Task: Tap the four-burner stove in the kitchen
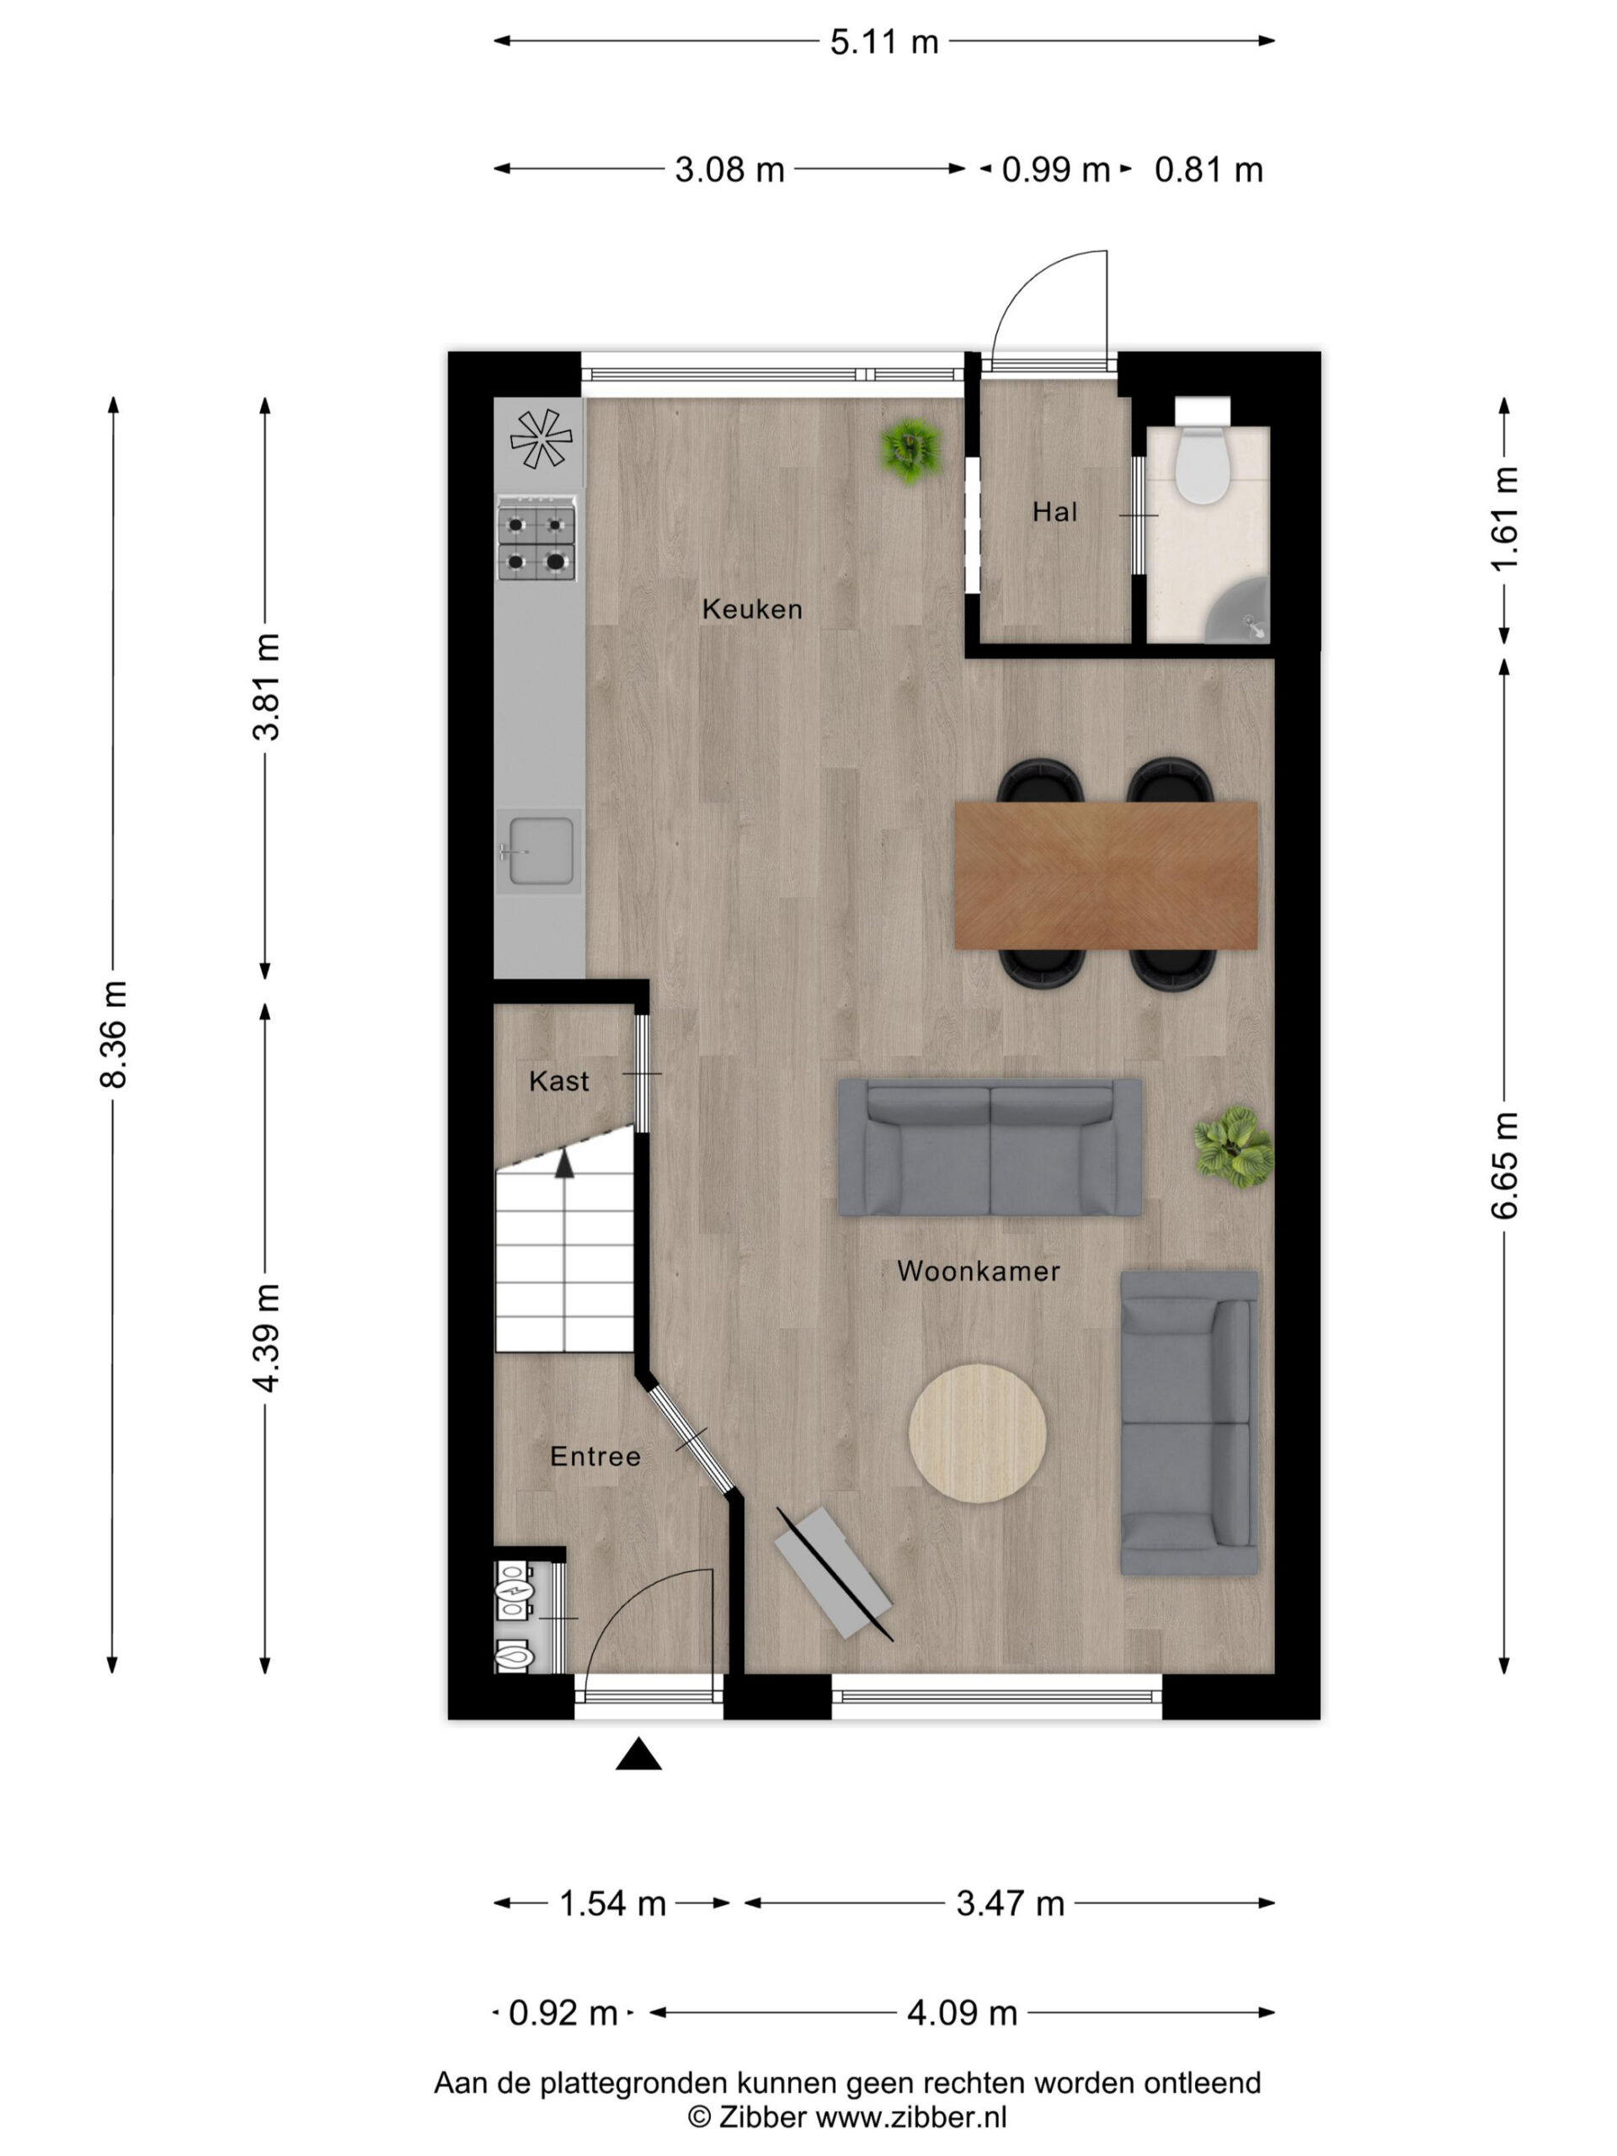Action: (536, 539)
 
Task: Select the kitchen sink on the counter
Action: (539, 850)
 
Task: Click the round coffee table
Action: (977, 1433)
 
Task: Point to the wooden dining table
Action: (1105, 874)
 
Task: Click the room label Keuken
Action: (751, 609)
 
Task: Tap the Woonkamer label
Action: (978, 1271)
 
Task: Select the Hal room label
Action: (1054, 512)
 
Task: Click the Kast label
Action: (558, 1080)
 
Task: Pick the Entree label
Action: (595, 1456)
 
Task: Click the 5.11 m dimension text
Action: (884, 42)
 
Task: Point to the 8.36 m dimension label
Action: (114, 1034)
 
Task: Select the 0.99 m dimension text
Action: (1055, 169)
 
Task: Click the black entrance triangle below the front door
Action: (638, 1753)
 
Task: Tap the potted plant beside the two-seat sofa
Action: (1234, 1146)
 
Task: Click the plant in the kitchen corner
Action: (910, 450)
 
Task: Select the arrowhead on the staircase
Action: (564, 1163)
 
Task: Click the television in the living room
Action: (834, 1573)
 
